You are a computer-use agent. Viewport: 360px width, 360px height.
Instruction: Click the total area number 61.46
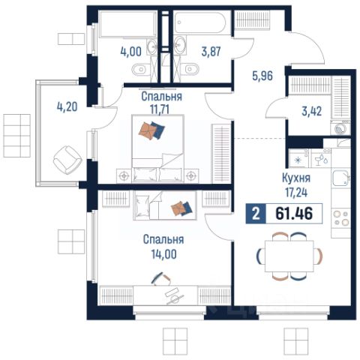pyautogui.click(x=294, y=214)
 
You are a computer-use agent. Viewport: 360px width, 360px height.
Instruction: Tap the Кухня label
pyautogui.click(x=296, y=178)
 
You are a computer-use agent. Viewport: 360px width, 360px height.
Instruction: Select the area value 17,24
pyautogui.click(x=296, y=192)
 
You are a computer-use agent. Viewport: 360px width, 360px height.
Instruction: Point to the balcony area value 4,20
pyautogui.click(x=67, y=106)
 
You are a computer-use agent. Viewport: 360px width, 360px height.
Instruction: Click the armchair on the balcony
pyautogui.click(x=67, y=160)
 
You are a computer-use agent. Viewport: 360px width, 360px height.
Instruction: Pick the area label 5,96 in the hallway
pyautogui.click(x=262, y=76)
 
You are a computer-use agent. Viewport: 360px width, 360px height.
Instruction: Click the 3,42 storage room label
pyautogui.click(x=311, y=111)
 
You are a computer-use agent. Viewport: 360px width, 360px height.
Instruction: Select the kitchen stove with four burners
pyautogui.click(x=341, y=217)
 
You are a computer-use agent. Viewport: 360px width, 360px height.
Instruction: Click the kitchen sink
pyautogui.click(x=340, y=178)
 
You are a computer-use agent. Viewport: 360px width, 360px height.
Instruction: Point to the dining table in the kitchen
pyautogui.click(x=289, y=256)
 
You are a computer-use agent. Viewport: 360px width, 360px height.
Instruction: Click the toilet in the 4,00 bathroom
pyautogui.click(x=139, y=70)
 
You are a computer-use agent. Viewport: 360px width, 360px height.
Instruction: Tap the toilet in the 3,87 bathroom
pyautogui.click(x=190, y=69)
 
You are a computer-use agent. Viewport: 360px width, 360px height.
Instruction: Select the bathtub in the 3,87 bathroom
pyautogui.click(x=199, y=22)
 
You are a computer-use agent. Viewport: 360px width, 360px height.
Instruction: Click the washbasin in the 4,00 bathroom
pyautogui.click(x=151, y=46)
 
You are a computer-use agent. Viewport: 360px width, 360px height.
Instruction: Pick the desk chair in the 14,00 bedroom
pyautogui.click(x=161, y=278)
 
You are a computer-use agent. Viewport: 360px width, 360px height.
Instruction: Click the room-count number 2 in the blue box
pyautogui.click(x=256, y=214)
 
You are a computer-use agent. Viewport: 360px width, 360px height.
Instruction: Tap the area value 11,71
pyautogui.click(x=160, y=109)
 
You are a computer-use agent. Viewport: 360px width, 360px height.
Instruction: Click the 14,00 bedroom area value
pyautogui.click(x=163, y=254)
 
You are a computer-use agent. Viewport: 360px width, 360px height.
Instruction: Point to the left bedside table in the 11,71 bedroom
pyautogui.click(x=124, y=175)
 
